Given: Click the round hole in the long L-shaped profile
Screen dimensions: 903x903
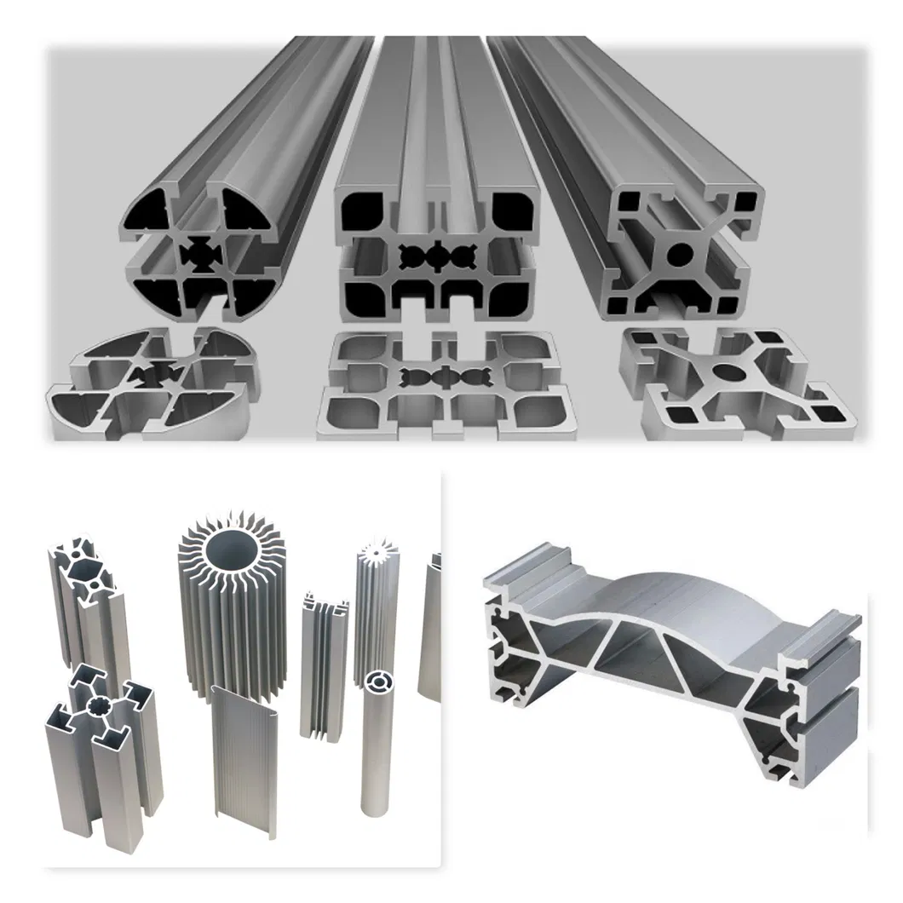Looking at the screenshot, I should pyautogui.click(x=681, y=253).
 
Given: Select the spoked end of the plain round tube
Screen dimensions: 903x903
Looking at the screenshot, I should pyautogui.click(x=376, y=682).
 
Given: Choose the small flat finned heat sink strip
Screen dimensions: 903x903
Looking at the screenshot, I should pyautogui.click(x=325, y=664).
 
